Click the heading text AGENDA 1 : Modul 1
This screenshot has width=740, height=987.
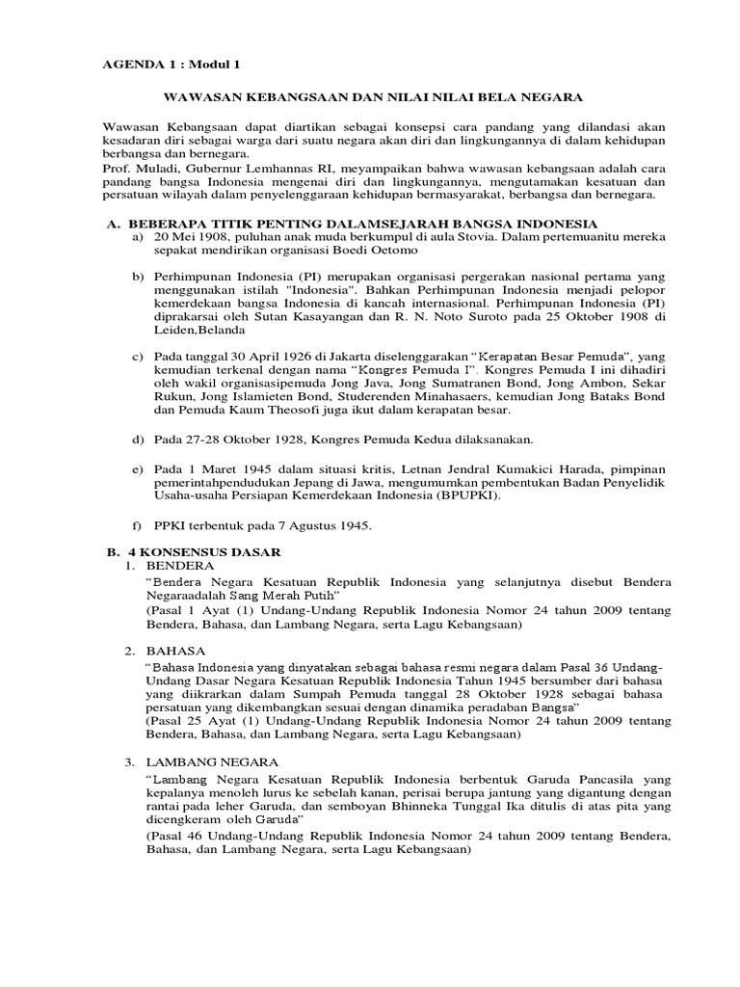point(171,65)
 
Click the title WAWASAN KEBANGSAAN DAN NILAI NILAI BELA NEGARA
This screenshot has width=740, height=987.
point(370,97)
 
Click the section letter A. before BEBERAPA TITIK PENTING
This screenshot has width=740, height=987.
point(111,223)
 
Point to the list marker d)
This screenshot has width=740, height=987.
point(137,440)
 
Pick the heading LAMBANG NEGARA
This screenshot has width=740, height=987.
point(207,762)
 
